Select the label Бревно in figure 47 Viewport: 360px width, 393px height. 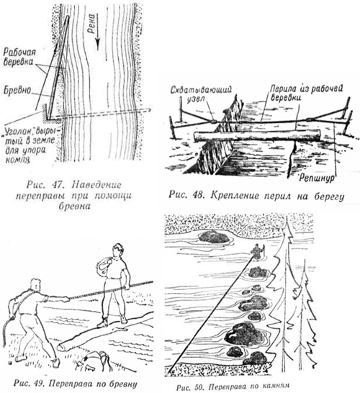tap(17, 91)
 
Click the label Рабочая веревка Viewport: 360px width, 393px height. tap(19, 58)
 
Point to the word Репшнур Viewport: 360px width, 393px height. tap(317, 179)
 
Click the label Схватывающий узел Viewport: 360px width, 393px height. tap(201, 94)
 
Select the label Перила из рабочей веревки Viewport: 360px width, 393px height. tap(305, 94)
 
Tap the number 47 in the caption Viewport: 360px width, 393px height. tap(58, 185)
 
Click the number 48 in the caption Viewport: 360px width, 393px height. tap(199, 196)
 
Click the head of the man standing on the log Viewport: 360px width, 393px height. tap(117, 250)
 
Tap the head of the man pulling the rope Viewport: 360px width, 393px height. tap(36, 285)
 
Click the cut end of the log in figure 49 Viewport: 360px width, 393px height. tap(62, 348)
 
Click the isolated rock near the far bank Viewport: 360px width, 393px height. tap(214, 237)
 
